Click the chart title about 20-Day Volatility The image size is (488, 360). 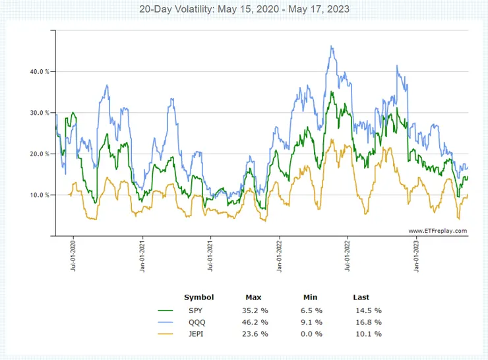pos(243,9)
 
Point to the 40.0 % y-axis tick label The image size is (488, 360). pos(38,71)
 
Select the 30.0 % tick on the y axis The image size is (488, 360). pos(38,113)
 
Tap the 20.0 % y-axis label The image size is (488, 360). pos(38,154)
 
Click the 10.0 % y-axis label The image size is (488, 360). pos(38,195)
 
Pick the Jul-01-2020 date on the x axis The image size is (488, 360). pos(73,255)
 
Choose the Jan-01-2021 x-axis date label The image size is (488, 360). pos(142,255)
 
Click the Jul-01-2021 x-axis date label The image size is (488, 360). pos(210,255)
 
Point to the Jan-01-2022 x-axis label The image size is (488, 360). pos(280,255)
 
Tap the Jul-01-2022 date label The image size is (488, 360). pos(348,255)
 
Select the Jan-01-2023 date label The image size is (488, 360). pos(417,255)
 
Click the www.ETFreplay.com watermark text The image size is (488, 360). pos(437,231)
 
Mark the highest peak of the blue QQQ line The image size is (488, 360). pos(332,46)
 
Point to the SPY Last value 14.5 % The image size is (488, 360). pos(368,310)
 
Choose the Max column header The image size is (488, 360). pos(253,297)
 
